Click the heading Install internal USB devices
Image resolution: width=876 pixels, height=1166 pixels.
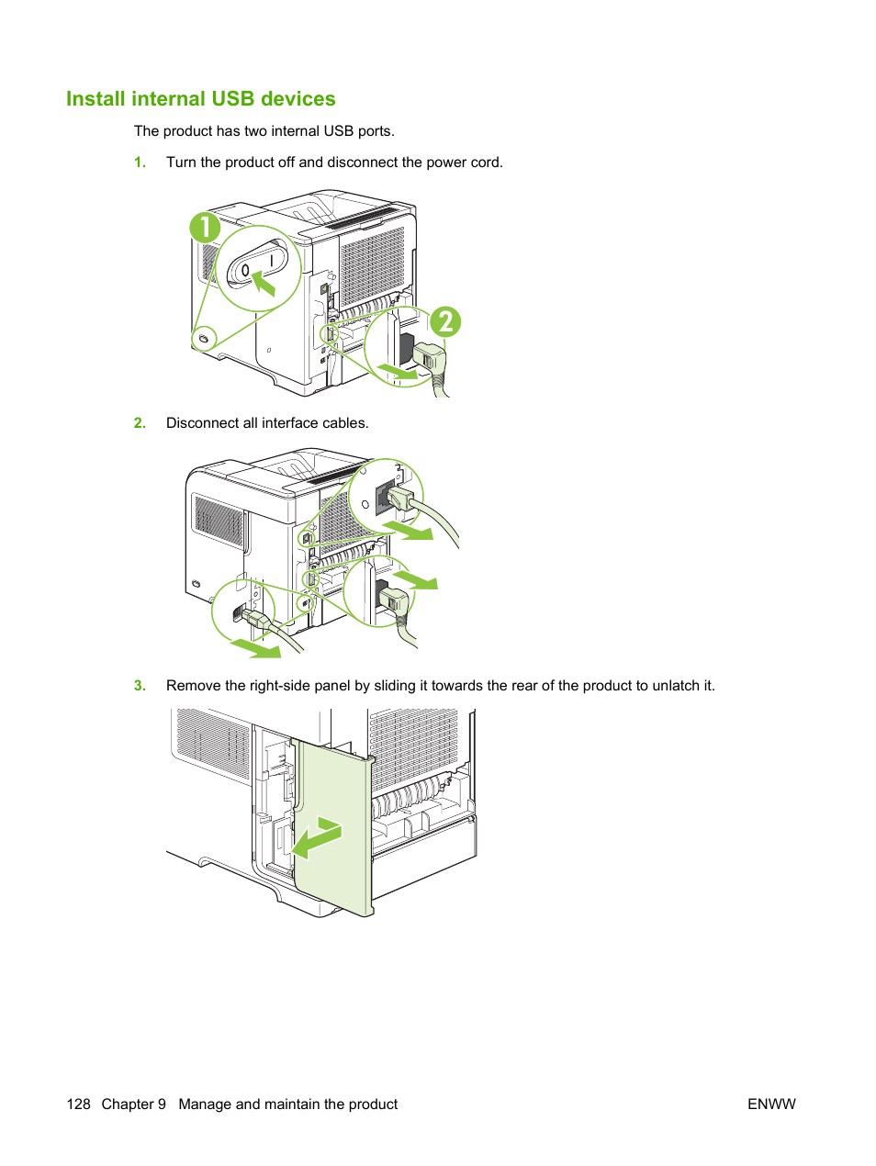tap(200, 99)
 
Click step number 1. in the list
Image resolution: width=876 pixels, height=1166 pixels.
tap(140, 163)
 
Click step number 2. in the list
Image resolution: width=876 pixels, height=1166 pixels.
tap(140, 423)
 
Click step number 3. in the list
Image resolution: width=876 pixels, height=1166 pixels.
tap(140, 686)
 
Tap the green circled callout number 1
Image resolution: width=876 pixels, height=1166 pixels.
tap(205, 228)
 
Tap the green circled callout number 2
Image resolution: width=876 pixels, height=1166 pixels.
tap(445, 322)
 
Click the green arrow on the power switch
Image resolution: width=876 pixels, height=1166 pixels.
tap(264, 282)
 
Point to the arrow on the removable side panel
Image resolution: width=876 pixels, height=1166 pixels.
tap(317, 836)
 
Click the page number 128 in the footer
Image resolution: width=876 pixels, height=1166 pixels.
tap(78, 1104)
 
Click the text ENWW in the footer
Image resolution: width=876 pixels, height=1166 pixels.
tap(771, 1104)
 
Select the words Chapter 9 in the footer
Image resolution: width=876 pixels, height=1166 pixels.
tap(133, 1104)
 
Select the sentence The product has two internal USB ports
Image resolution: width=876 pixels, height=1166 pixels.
tap(264, 131)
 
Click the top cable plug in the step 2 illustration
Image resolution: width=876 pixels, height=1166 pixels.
tap(400, 499)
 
